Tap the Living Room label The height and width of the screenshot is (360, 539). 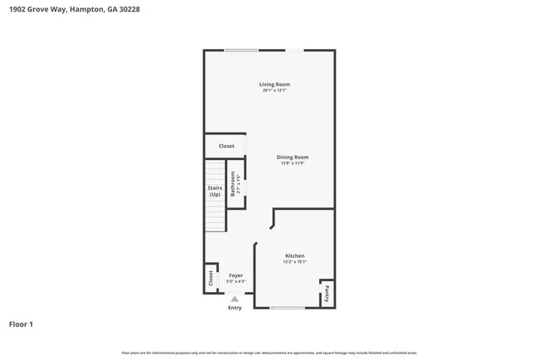(x=274, y=85)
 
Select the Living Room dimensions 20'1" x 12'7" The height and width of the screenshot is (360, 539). (x=274, y=90)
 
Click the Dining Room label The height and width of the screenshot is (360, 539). (x=293, y=157)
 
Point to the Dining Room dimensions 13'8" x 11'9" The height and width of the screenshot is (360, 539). (x=293, y=163)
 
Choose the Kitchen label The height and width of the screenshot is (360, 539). (x=294, y=255)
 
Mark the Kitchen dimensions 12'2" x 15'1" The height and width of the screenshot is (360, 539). (x=294, y=261)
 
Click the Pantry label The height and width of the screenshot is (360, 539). (x=328, y=293)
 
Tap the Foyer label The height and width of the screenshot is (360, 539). (x=236, y=275)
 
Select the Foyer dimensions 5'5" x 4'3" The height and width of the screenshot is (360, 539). (x=236, y=280)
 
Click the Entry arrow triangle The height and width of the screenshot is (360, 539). (x=235, y=299)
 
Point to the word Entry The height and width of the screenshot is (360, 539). (x=235, y=308)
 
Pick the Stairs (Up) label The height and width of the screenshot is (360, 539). (x=215, y=192)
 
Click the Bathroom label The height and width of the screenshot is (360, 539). (x=233, y=183)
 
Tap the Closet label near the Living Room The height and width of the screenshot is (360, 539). (x=226, y=146)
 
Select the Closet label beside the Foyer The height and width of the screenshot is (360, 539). (x=211, y=279)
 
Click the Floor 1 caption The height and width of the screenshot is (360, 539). (x=21, y=324)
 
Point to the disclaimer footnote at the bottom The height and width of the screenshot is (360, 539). (x=269, y=353)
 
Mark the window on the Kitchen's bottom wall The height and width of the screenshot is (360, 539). (x=287, y=308)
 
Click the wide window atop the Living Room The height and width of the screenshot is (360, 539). (x=240, y=51)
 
